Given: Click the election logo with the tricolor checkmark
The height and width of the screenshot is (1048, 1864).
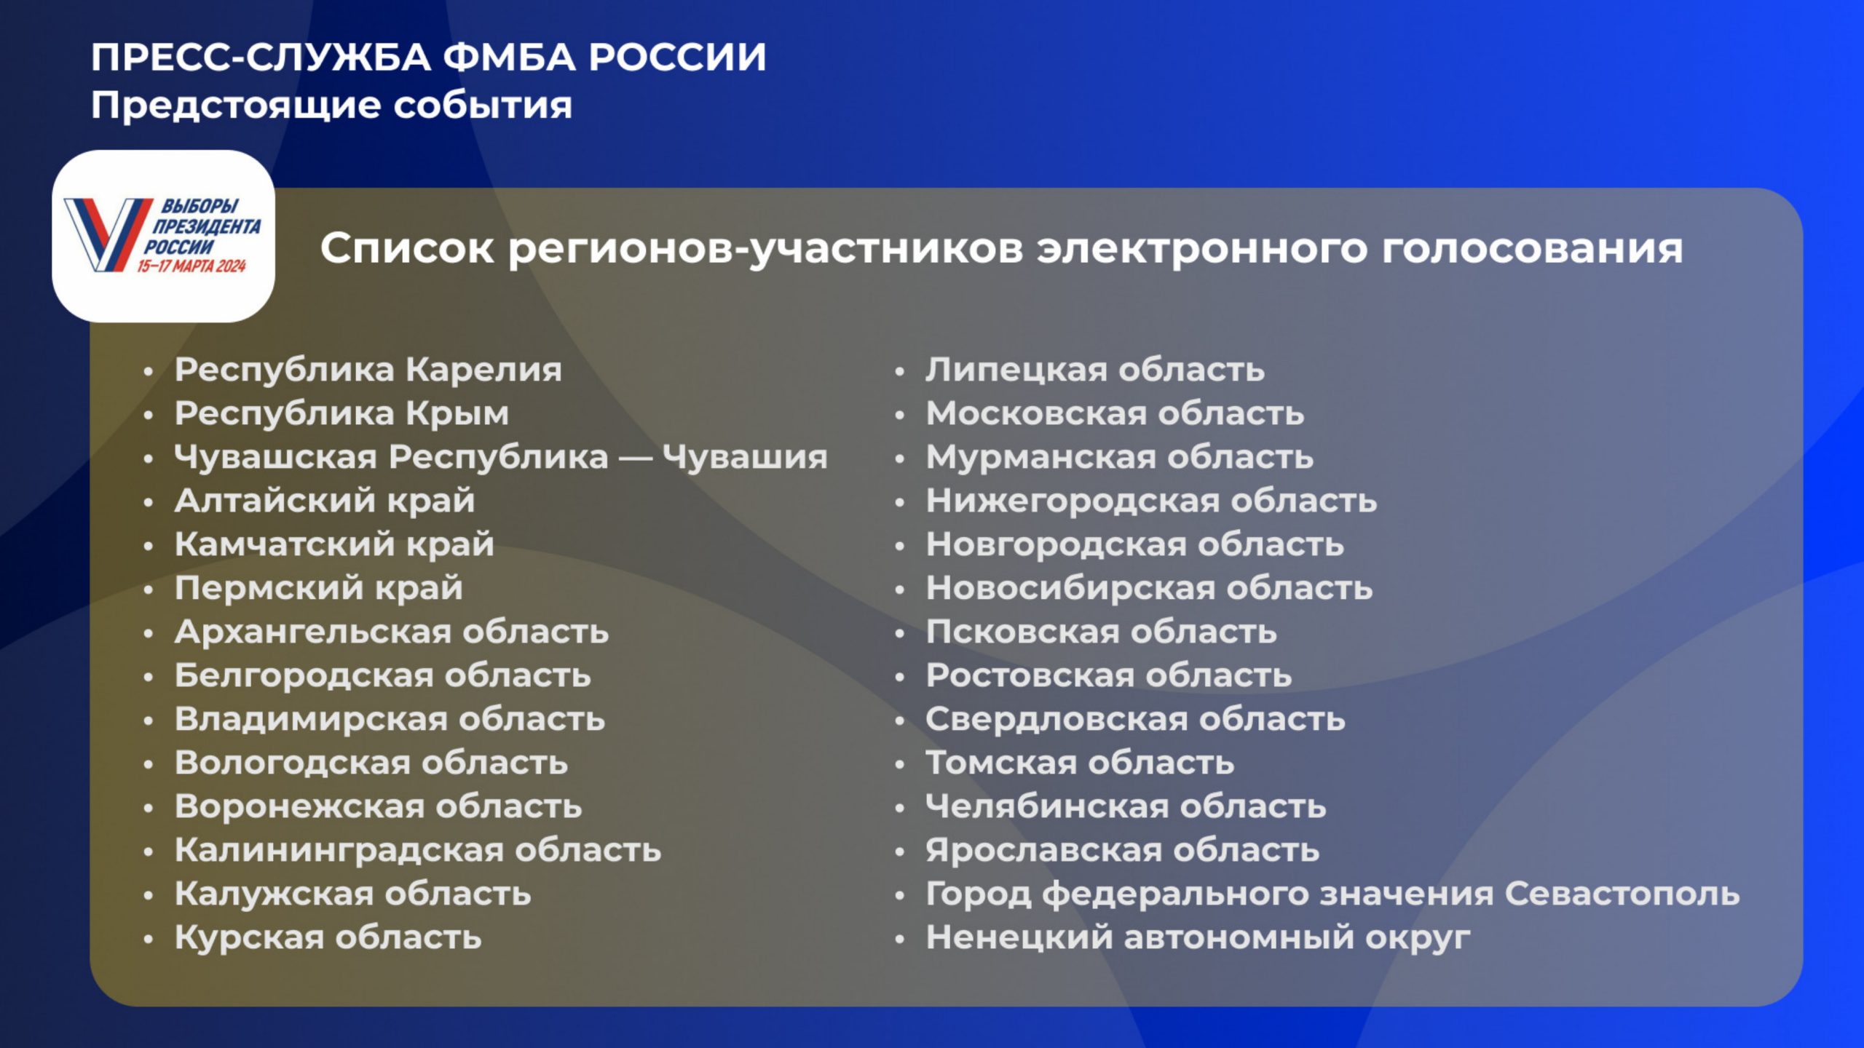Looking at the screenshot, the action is [164, 236].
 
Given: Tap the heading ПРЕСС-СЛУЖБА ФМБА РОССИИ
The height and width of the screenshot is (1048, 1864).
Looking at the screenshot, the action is [429, 57].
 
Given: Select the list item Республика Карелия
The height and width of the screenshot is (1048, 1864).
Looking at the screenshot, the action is [368, 370].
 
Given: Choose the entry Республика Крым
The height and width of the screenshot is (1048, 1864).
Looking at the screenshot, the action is [341, 414].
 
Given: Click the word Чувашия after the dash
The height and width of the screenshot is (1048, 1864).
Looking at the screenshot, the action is [745, 458].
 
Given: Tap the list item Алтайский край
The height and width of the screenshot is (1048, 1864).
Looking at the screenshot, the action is [325, 501].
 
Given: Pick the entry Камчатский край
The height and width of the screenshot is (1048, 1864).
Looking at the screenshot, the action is [334, 545].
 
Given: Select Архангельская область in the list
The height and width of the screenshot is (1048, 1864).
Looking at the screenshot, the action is [392, 632].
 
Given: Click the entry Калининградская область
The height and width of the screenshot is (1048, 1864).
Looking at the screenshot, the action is [418, 850].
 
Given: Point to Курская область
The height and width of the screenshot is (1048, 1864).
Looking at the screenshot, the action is [328, 937].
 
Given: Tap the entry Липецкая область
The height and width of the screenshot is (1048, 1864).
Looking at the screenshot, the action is [1095, 370].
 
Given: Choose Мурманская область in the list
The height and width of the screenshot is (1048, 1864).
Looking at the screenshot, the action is [1120, 458].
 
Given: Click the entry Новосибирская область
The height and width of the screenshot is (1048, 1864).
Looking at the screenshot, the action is [1149, 588].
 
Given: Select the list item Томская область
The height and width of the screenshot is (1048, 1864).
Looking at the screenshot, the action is [1080, 763].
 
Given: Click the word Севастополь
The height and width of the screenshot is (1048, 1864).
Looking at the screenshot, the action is [1622, 894].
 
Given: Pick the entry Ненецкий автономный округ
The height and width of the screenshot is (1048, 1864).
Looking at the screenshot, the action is [1198, 938].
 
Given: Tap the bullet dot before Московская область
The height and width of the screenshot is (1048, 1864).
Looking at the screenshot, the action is [900, 416].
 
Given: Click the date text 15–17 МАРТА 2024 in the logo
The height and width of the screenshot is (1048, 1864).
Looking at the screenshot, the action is [191, 266].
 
